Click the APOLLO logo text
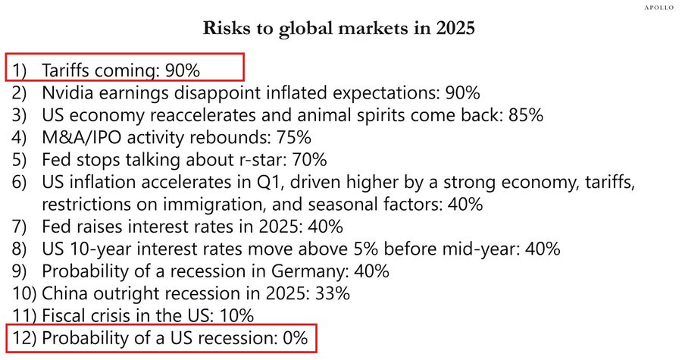pyautogui.click(x=659, y=7)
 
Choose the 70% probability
pyautogui.click(x=309, y=161)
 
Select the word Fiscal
pyautogui.click(x=62, y=315)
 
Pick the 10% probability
pyautogui.click(x=236, y=315)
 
